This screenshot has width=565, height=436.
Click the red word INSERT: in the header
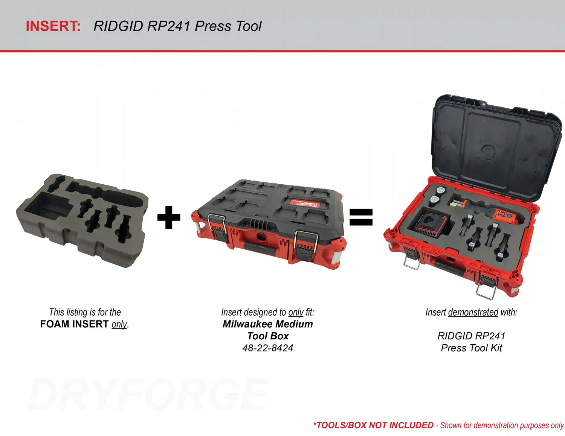point(53,26)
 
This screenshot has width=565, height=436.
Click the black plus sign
point(169,217)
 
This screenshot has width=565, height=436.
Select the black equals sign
point(361,217)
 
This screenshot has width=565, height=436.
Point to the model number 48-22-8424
point(268,348)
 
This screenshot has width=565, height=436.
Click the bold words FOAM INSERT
point(74,324)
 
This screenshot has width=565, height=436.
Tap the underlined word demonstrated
point(473,312)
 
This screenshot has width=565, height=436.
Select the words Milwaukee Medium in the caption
point(268,324)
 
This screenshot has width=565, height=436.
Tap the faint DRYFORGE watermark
point(148,395)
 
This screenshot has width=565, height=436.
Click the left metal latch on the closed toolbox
point(217,226)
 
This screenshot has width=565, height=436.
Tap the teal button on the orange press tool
point(507,216)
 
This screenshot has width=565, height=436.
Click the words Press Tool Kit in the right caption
point(471,348)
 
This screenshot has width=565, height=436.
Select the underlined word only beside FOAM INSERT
point(119,324)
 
